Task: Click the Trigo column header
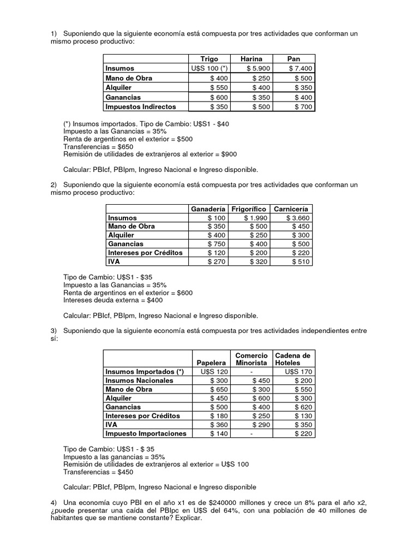(209, 58)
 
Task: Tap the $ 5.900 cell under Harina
(251, 68)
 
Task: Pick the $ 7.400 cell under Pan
(294, 68)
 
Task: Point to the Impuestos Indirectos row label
(140, 107)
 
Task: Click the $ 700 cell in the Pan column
(294, 107)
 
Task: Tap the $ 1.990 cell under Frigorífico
(251, 218)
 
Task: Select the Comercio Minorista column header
(251, 359)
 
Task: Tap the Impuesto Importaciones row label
(146, 433)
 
